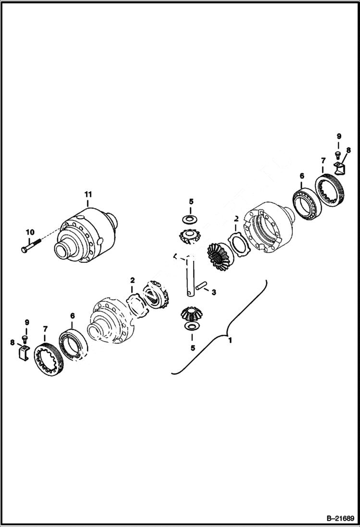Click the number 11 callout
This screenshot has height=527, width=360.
click(88, 194)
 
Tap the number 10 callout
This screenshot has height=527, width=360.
click(30, 233)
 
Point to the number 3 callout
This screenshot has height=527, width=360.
click(214, 292)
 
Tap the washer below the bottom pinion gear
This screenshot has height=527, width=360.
click(191, 327)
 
